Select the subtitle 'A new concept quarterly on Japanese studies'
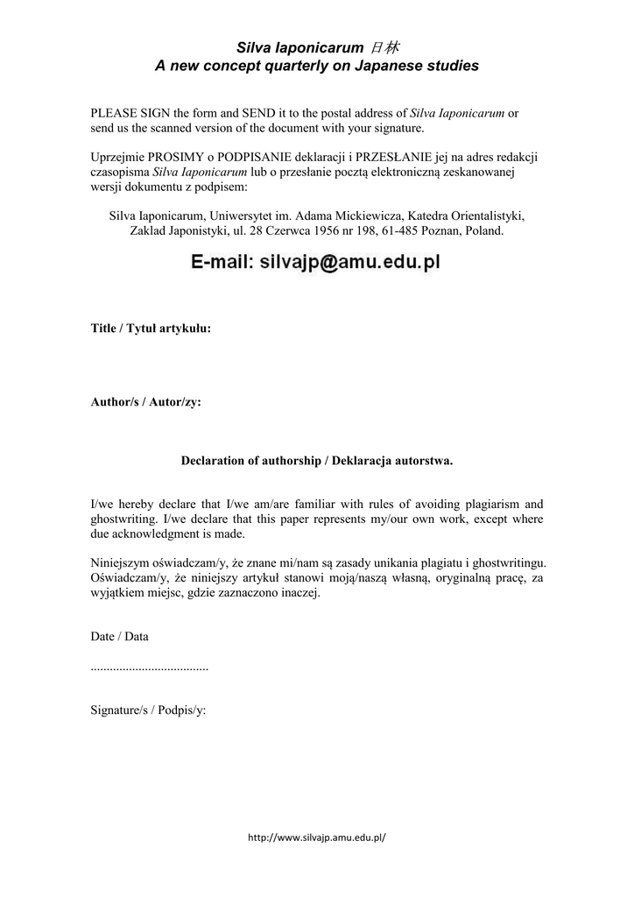point(317,66)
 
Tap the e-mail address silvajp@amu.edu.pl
point(349,262)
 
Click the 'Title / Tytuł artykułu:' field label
point(151,328)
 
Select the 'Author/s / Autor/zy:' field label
point(145,403)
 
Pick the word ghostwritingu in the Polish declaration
point(504,563)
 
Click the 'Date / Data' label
point(120,637)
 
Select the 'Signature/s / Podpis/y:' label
point(148,710)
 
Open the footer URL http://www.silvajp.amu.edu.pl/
point(317,837)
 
